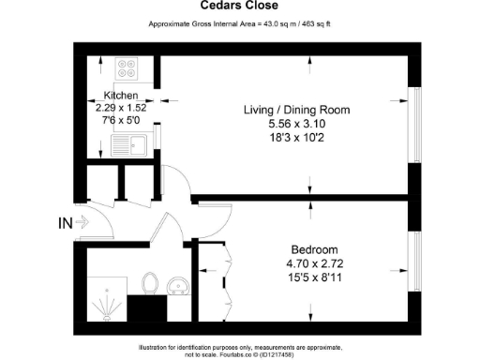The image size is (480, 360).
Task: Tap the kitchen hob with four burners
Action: click(x=127, y=69)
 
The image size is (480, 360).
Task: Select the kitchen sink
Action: click(x=125, y=145)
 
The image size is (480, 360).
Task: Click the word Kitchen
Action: click(x=121, y=96)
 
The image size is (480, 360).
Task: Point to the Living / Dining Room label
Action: click(x=296, y=110)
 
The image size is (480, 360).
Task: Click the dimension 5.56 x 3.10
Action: click(x=296, y=124)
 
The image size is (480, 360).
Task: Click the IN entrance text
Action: click(x=65, y=223)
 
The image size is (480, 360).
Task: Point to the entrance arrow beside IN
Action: click(x=82, y=223)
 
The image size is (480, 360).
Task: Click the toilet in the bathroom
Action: click(x=148, y=282)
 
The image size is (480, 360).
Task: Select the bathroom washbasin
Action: click(x=175, y=284)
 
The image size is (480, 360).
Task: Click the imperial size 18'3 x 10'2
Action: click(x=296, y=138)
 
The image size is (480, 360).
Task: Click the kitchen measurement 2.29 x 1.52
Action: click(x=121, y=108)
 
